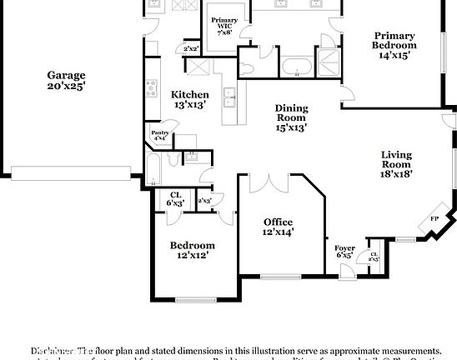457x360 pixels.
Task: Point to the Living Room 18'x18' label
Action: coord(396,164)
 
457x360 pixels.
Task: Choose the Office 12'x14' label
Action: coord(278,227)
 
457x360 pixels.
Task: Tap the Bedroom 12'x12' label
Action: coord(193,250)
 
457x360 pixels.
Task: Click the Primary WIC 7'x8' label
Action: coord(223,24)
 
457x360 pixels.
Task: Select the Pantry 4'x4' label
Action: coord(160,135)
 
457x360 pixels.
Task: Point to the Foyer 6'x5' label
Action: coord(344,251)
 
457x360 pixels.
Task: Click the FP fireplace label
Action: coord(434,219)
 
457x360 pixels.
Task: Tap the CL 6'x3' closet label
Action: coord(176,200)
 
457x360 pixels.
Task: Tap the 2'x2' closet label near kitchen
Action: coord(191,49)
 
